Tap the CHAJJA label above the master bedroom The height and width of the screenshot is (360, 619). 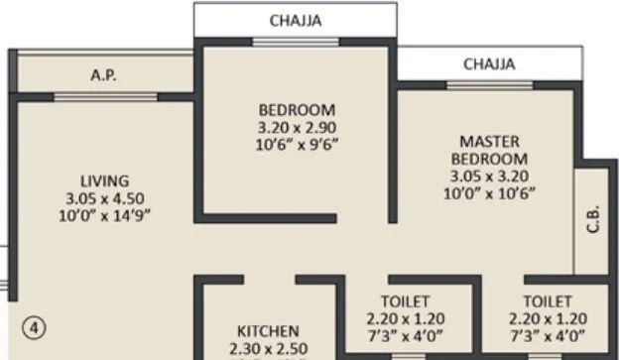489,63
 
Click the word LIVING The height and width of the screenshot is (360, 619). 104,180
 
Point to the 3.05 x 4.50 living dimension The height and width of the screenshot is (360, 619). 104,196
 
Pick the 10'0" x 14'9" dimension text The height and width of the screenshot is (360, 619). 104,213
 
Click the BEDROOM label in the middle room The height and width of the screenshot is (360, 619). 297,109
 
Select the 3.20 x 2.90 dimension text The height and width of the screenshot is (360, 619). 297,126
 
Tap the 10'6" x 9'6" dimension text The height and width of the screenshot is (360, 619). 297,143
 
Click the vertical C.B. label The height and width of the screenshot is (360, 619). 592,218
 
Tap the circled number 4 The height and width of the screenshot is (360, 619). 33,324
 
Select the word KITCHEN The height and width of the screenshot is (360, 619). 267,330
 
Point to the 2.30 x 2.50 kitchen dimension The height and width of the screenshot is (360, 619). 267,347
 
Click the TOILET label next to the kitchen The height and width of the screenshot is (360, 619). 405,300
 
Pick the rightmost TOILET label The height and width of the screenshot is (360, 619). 547,300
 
